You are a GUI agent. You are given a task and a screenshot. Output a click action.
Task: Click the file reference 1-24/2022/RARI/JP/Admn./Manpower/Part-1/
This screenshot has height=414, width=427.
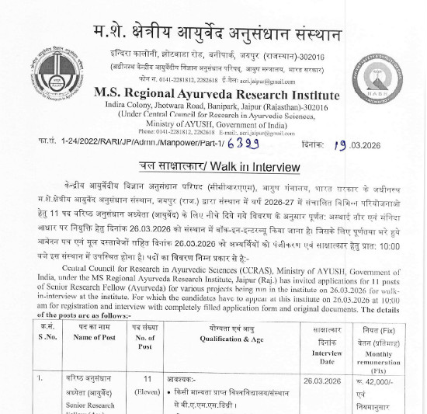(127, 145)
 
